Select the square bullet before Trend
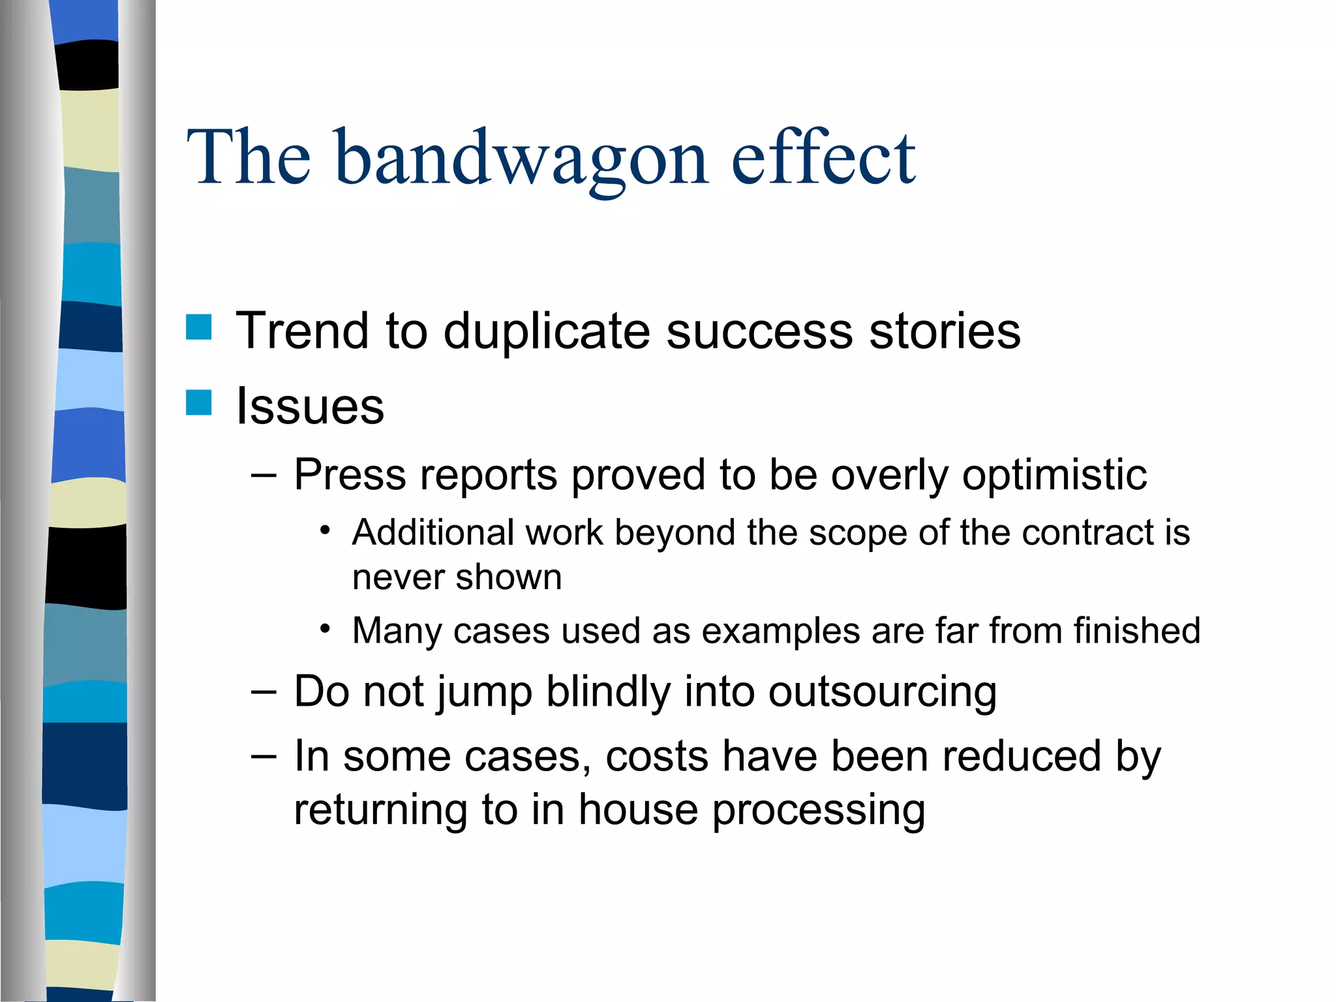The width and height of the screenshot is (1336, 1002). [x=199, y=327]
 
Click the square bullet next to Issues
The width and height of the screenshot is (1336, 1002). [x=199, y=402]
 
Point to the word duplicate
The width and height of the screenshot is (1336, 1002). [x=547, y=331]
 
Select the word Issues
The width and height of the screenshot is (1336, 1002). [x=310, y=406]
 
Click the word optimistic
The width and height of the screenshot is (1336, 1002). [x=1054, y=475]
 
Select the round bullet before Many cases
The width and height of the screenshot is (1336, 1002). [x=326, y=629]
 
